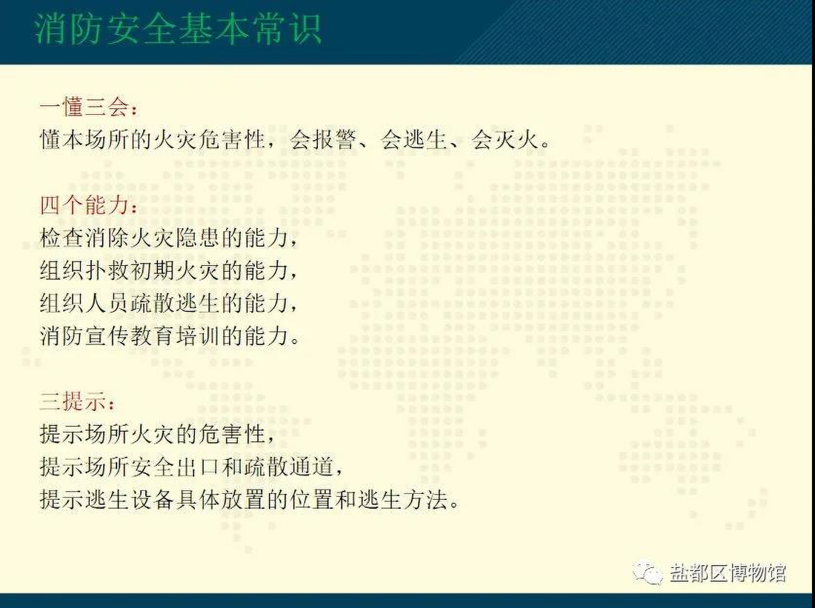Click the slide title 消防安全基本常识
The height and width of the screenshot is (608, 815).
[179, 29]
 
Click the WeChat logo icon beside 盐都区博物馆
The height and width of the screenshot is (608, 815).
[647, 573]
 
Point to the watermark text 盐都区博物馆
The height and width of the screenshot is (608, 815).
[728, 573]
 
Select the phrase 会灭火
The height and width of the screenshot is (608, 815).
[504, 140]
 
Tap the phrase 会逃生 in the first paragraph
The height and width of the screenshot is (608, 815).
[413, 140]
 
